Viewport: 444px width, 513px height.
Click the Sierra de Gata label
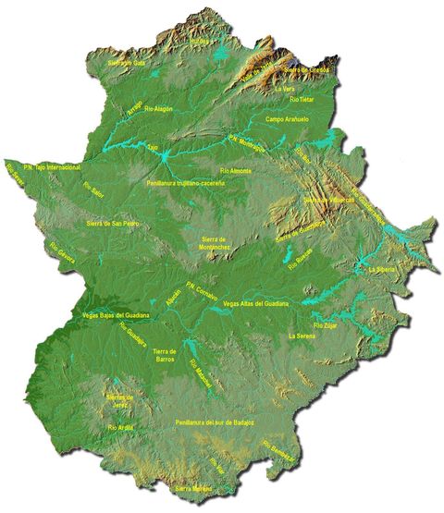tap(128, 63)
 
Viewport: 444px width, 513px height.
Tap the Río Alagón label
tap(153, 110)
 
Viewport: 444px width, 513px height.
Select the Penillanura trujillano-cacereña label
tap(185, 184)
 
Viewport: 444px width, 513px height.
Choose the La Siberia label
tap(380, 270)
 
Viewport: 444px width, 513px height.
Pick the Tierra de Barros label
tap(166, 356)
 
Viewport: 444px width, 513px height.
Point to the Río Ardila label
tap(121, 427)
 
